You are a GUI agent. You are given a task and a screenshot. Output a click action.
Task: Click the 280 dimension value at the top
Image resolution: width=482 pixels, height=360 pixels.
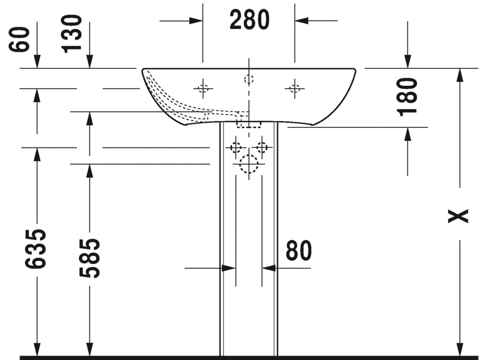(249, 21)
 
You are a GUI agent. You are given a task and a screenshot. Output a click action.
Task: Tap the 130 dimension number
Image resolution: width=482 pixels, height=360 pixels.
(73, 33)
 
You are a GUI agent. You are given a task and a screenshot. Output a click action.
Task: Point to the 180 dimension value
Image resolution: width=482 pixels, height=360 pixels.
(409, 96)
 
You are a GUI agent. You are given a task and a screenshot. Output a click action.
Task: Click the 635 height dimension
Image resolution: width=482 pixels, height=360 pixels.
(37, 249)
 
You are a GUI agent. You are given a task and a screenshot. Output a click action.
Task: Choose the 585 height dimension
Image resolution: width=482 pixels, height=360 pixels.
(89, 258)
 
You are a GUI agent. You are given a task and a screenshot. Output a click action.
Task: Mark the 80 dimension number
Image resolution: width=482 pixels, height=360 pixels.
(299, 251)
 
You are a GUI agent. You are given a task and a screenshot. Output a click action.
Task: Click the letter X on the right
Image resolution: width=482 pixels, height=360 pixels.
(459, 216)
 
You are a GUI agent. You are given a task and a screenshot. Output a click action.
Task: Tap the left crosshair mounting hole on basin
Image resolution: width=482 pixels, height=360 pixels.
(203, 87)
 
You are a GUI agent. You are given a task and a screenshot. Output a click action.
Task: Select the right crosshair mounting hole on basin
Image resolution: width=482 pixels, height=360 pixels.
(294, 87)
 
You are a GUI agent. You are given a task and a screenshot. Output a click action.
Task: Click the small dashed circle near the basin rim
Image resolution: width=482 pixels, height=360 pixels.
(249, 79)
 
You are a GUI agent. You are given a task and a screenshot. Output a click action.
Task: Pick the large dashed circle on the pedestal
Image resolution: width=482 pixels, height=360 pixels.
(249, 164)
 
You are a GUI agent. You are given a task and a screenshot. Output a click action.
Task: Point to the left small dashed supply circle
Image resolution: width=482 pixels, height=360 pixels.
(236, 148)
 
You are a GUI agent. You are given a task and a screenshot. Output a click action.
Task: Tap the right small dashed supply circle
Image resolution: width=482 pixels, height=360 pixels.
(261, 148)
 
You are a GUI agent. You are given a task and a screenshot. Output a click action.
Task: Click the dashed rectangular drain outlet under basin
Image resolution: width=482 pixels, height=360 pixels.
(249, 123)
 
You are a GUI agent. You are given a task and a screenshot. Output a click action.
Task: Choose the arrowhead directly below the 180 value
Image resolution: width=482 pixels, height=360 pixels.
(408, 134)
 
